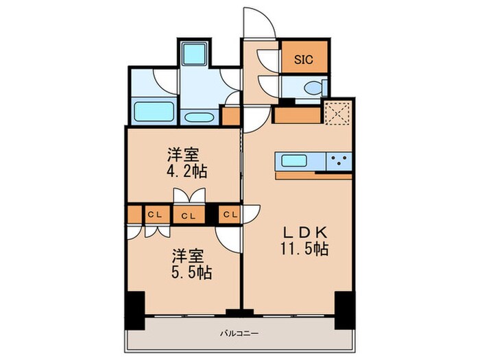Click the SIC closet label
[x=304, y=59]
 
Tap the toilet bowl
[x=313, y=88]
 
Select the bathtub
[x=154, y=111]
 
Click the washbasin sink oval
[x=200, y=117]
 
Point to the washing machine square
[x=193, y=53]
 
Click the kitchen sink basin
[x=294, y=160]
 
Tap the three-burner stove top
[x=339, y=161]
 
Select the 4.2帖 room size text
[x=187, y=171]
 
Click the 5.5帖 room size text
[x=191, y=272]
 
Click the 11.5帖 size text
[x=304, y=249]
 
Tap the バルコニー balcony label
[x=239, y=333]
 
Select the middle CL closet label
[x=189, y=216]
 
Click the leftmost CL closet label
[x=154, y=215]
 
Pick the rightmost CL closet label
[x=230, y=214]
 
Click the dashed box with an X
[x=337, y=113]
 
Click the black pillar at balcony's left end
[x=134, y=310]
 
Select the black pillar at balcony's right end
[x=345, y=310]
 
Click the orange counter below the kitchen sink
[x=313, y=176]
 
